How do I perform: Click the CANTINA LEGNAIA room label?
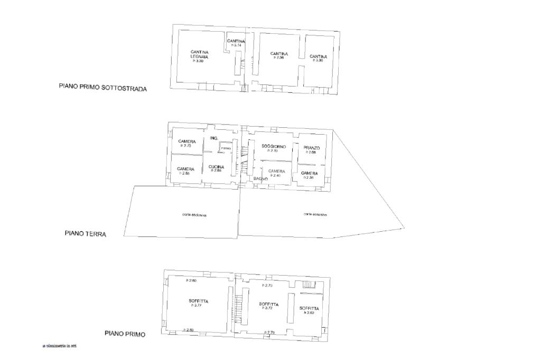point(199,54)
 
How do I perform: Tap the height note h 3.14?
point(236,45)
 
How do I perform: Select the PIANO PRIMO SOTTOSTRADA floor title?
point(102,88)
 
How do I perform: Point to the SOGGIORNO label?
point(274,146)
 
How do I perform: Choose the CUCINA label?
point(216,167)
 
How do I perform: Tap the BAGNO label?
point(260,179)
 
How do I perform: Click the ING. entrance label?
point(214,138)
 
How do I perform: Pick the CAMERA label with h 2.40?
point(276,171)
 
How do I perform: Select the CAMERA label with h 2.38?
point(309,173)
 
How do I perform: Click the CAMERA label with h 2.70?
point(187,141)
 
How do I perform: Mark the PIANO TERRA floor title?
point(86,233)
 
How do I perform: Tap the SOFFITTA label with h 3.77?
point(198,301)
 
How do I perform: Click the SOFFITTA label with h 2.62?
point(309,308)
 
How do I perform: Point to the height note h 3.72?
point(268,308)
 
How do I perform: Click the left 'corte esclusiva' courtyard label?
point(194,215)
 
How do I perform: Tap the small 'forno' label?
point(226,149)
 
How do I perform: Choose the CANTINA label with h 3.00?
point(318,56)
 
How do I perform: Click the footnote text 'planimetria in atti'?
point(61,346)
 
